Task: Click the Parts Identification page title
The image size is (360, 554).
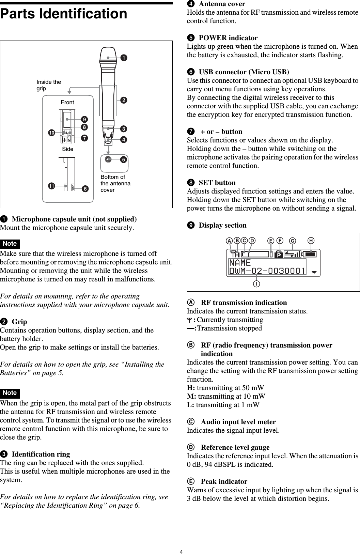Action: tap(64, 14)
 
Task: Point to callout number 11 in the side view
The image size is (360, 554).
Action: tap(51, 186)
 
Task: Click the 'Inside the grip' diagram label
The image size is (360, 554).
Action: tap(49, 85)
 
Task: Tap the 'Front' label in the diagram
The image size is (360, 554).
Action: tap(67, 102)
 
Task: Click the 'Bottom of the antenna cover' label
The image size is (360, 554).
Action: tap(115, 183)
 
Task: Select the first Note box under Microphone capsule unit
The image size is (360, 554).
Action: tap(10, 244)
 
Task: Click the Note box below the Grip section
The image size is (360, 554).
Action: tap(10, 393)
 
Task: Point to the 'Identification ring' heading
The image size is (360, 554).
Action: tap(41, 454)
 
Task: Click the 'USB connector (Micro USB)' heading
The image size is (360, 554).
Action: tap(244, 72)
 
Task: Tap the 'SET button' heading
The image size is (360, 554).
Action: tap(217, 183)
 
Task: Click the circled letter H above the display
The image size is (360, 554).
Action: tap(311, 241)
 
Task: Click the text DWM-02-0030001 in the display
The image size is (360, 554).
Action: tap(267, 271)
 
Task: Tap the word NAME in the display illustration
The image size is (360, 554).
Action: tap(240, 263)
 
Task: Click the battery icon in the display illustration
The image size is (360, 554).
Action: tap(310, 254)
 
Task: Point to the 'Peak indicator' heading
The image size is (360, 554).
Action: tap(224, 481)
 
